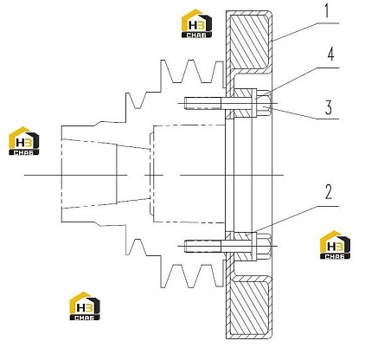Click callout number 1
[x=326, y=11]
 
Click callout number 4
[x=330, y=55]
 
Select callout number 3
[x=329, y=107]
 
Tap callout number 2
[x=329, y=192]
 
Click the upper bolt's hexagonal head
[x=264, y=103]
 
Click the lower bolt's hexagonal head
[x=264, y=246]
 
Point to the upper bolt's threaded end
[x=202, y=103]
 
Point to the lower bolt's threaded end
[x=202, y=246]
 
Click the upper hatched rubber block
[x=250, y=42]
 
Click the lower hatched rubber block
[x=250, y=307]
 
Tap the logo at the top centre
[x=196, y=23]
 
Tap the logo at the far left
[x=24, y=141]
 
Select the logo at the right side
[x=336, y=245]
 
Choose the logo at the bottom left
[x=85, y=306]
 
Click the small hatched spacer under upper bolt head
[x=244, y=103]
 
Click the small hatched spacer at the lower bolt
[x=244, y=246]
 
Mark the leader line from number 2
[x=298, y=218]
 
